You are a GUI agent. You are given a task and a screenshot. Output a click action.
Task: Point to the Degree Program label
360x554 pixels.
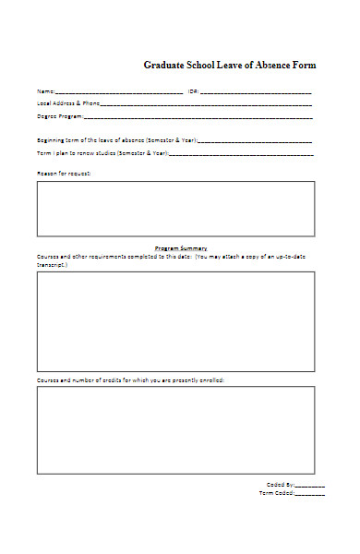[59, 116]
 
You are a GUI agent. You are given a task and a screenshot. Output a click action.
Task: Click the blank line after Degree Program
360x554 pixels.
[198, 118]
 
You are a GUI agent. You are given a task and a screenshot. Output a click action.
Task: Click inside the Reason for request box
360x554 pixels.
[175, 209]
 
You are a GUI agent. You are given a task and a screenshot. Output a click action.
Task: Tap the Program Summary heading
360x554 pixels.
[181, 248]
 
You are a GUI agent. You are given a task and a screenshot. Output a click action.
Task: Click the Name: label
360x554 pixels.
[45, 91]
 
